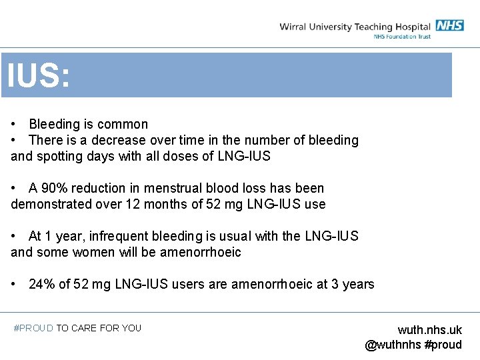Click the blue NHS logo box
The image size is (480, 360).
click(450, 26)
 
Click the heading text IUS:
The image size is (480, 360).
click(38, 75)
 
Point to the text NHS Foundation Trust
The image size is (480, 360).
click(402, 37)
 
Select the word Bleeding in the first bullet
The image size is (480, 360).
click(55, 125)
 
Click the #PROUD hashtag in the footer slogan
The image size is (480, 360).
click(33, 328)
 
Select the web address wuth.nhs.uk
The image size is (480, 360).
click(429, 330)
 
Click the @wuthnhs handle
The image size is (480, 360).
click(393, 345)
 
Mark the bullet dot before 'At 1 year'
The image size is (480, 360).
click(14, 237)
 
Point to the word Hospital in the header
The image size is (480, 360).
click(411, 27)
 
